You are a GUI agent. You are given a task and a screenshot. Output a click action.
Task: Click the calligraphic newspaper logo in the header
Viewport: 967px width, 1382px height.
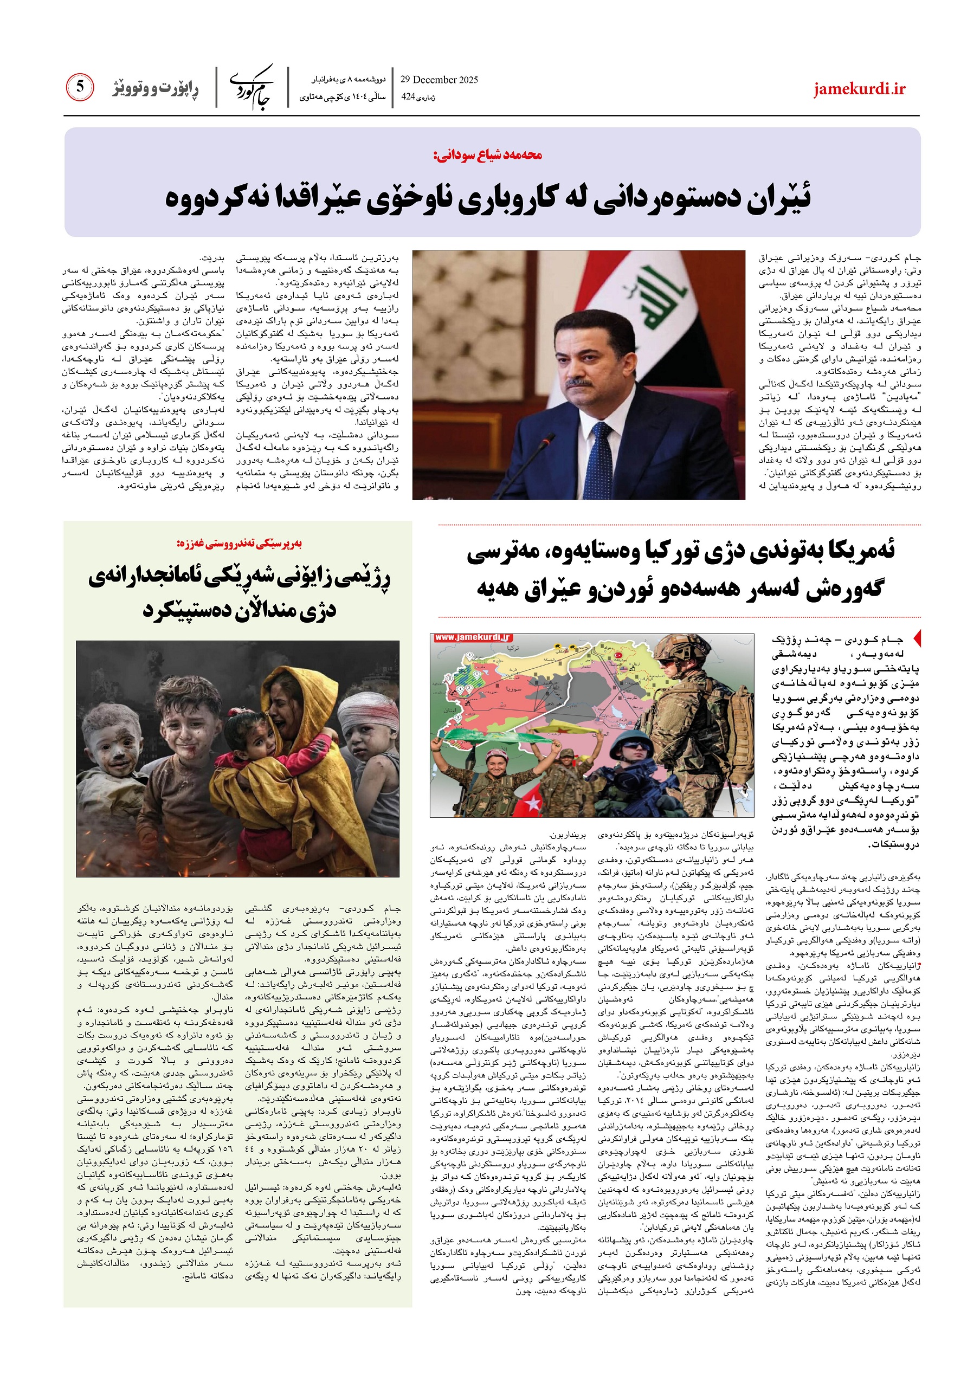(252, 88)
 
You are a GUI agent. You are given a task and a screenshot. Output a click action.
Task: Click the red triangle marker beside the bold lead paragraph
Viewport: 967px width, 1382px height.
(918, 638)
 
